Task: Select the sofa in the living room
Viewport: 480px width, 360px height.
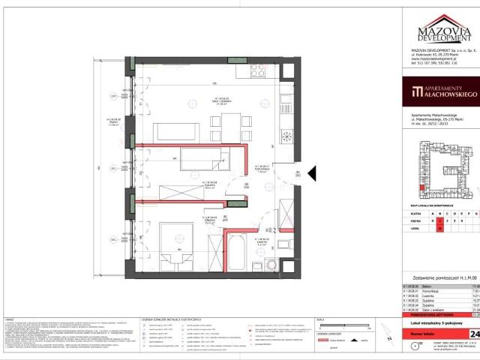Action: click(171, 131)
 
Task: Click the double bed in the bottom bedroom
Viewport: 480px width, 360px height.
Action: click(177, 254)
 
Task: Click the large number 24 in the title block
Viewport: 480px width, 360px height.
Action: click(473, 313)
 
